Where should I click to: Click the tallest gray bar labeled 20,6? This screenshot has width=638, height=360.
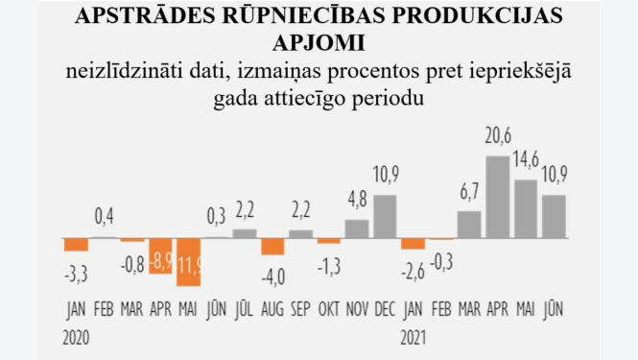coord(497,197)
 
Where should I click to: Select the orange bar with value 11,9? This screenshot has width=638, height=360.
coord(189,261)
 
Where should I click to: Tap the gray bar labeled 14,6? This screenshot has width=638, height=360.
coord(526,208)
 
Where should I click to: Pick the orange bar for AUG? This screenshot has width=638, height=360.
coord(272,246)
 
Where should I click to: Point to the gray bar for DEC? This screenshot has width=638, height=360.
coord(385,216)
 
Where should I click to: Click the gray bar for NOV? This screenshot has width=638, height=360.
coord(357,228)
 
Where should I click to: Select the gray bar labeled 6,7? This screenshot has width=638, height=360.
coord(469,224)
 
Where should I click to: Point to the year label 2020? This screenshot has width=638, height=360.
coord(78,337)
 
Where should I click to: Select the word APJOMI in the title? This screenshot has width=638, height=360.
coord(319,43)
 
